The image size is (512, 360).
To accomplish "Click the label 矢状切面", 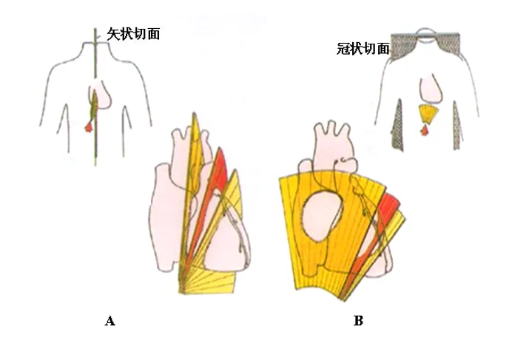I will (133, 33).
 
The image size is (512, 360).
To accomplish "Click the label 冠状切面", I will (362, 50).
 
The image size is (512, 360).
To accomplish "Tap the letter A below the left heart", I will (110, 321).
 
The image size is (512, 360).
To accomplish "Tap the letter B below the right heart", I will (358, 321).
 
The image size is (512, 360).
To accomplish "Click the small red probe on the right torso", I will (425, 131).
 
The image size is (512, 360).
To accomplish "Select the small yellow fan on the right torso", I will (427, 113).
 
